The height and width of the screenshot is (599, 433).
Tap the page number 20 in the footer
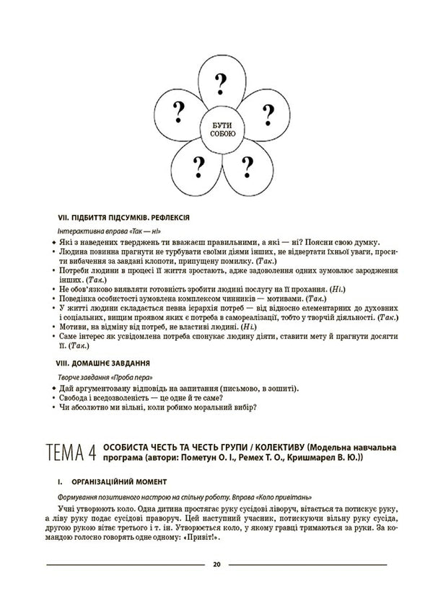[x=216, y=564]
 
